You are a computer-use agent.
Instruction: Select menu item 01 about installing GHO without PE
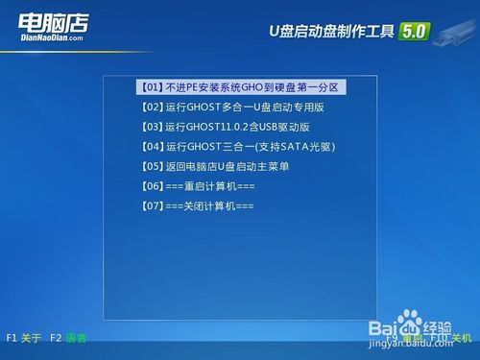click(241, 87)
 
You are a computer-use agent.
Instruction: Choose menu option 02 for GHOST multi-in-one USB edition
click(230, 107)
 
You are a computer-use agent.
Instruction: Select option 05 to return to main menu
click(214, 166)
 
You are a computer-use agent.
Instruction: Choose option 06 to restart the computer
click(197, 186)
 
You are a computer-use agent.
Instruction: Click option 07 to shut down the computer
click(197, 206)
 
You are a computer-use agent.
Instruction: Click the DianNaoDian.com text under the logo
click(51, 40)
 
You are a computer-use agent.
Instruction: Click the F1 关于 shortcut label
click(24, 338)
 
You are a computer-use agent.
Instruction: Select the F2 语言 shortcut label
click(68, 338)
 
